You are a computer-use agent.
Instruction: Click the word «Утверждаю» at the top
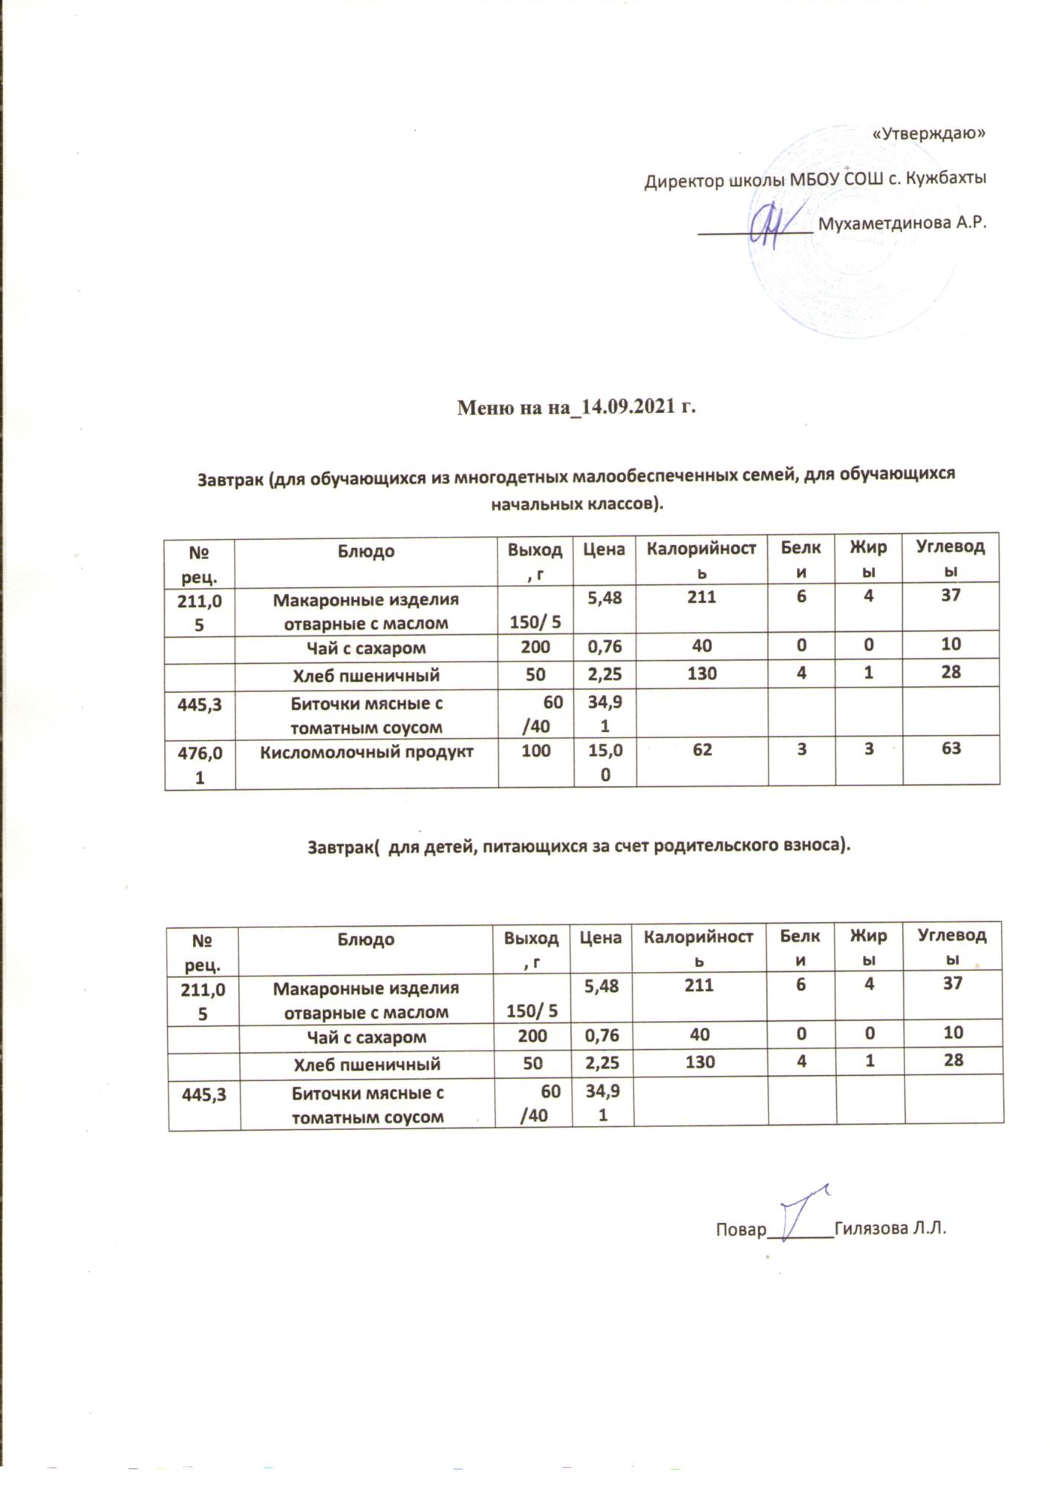(x=927, y=134)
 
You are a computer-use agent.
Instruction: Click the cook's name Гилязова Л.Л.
(x=890, y=1228)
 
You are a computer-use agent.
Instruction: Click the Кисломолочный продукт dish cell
(x=366, y=751)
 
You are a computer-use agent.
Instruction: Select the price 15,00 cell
(x=604, y=763)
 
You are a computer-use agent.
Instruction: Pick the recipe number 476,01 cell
(x=198, y=763)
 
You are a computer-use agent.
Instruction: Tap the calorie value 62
(x=702, y=750)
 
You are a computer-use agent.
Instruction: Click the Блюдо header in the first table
(x=366, y=552)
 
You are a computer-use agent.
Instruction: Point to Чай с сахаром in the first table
(x=366, y=648)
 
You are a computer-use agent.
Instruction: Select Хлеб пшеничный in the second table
(x=367, y=1064)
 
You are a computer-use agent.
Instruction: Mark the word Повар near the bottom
(x=740, y=1230)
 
